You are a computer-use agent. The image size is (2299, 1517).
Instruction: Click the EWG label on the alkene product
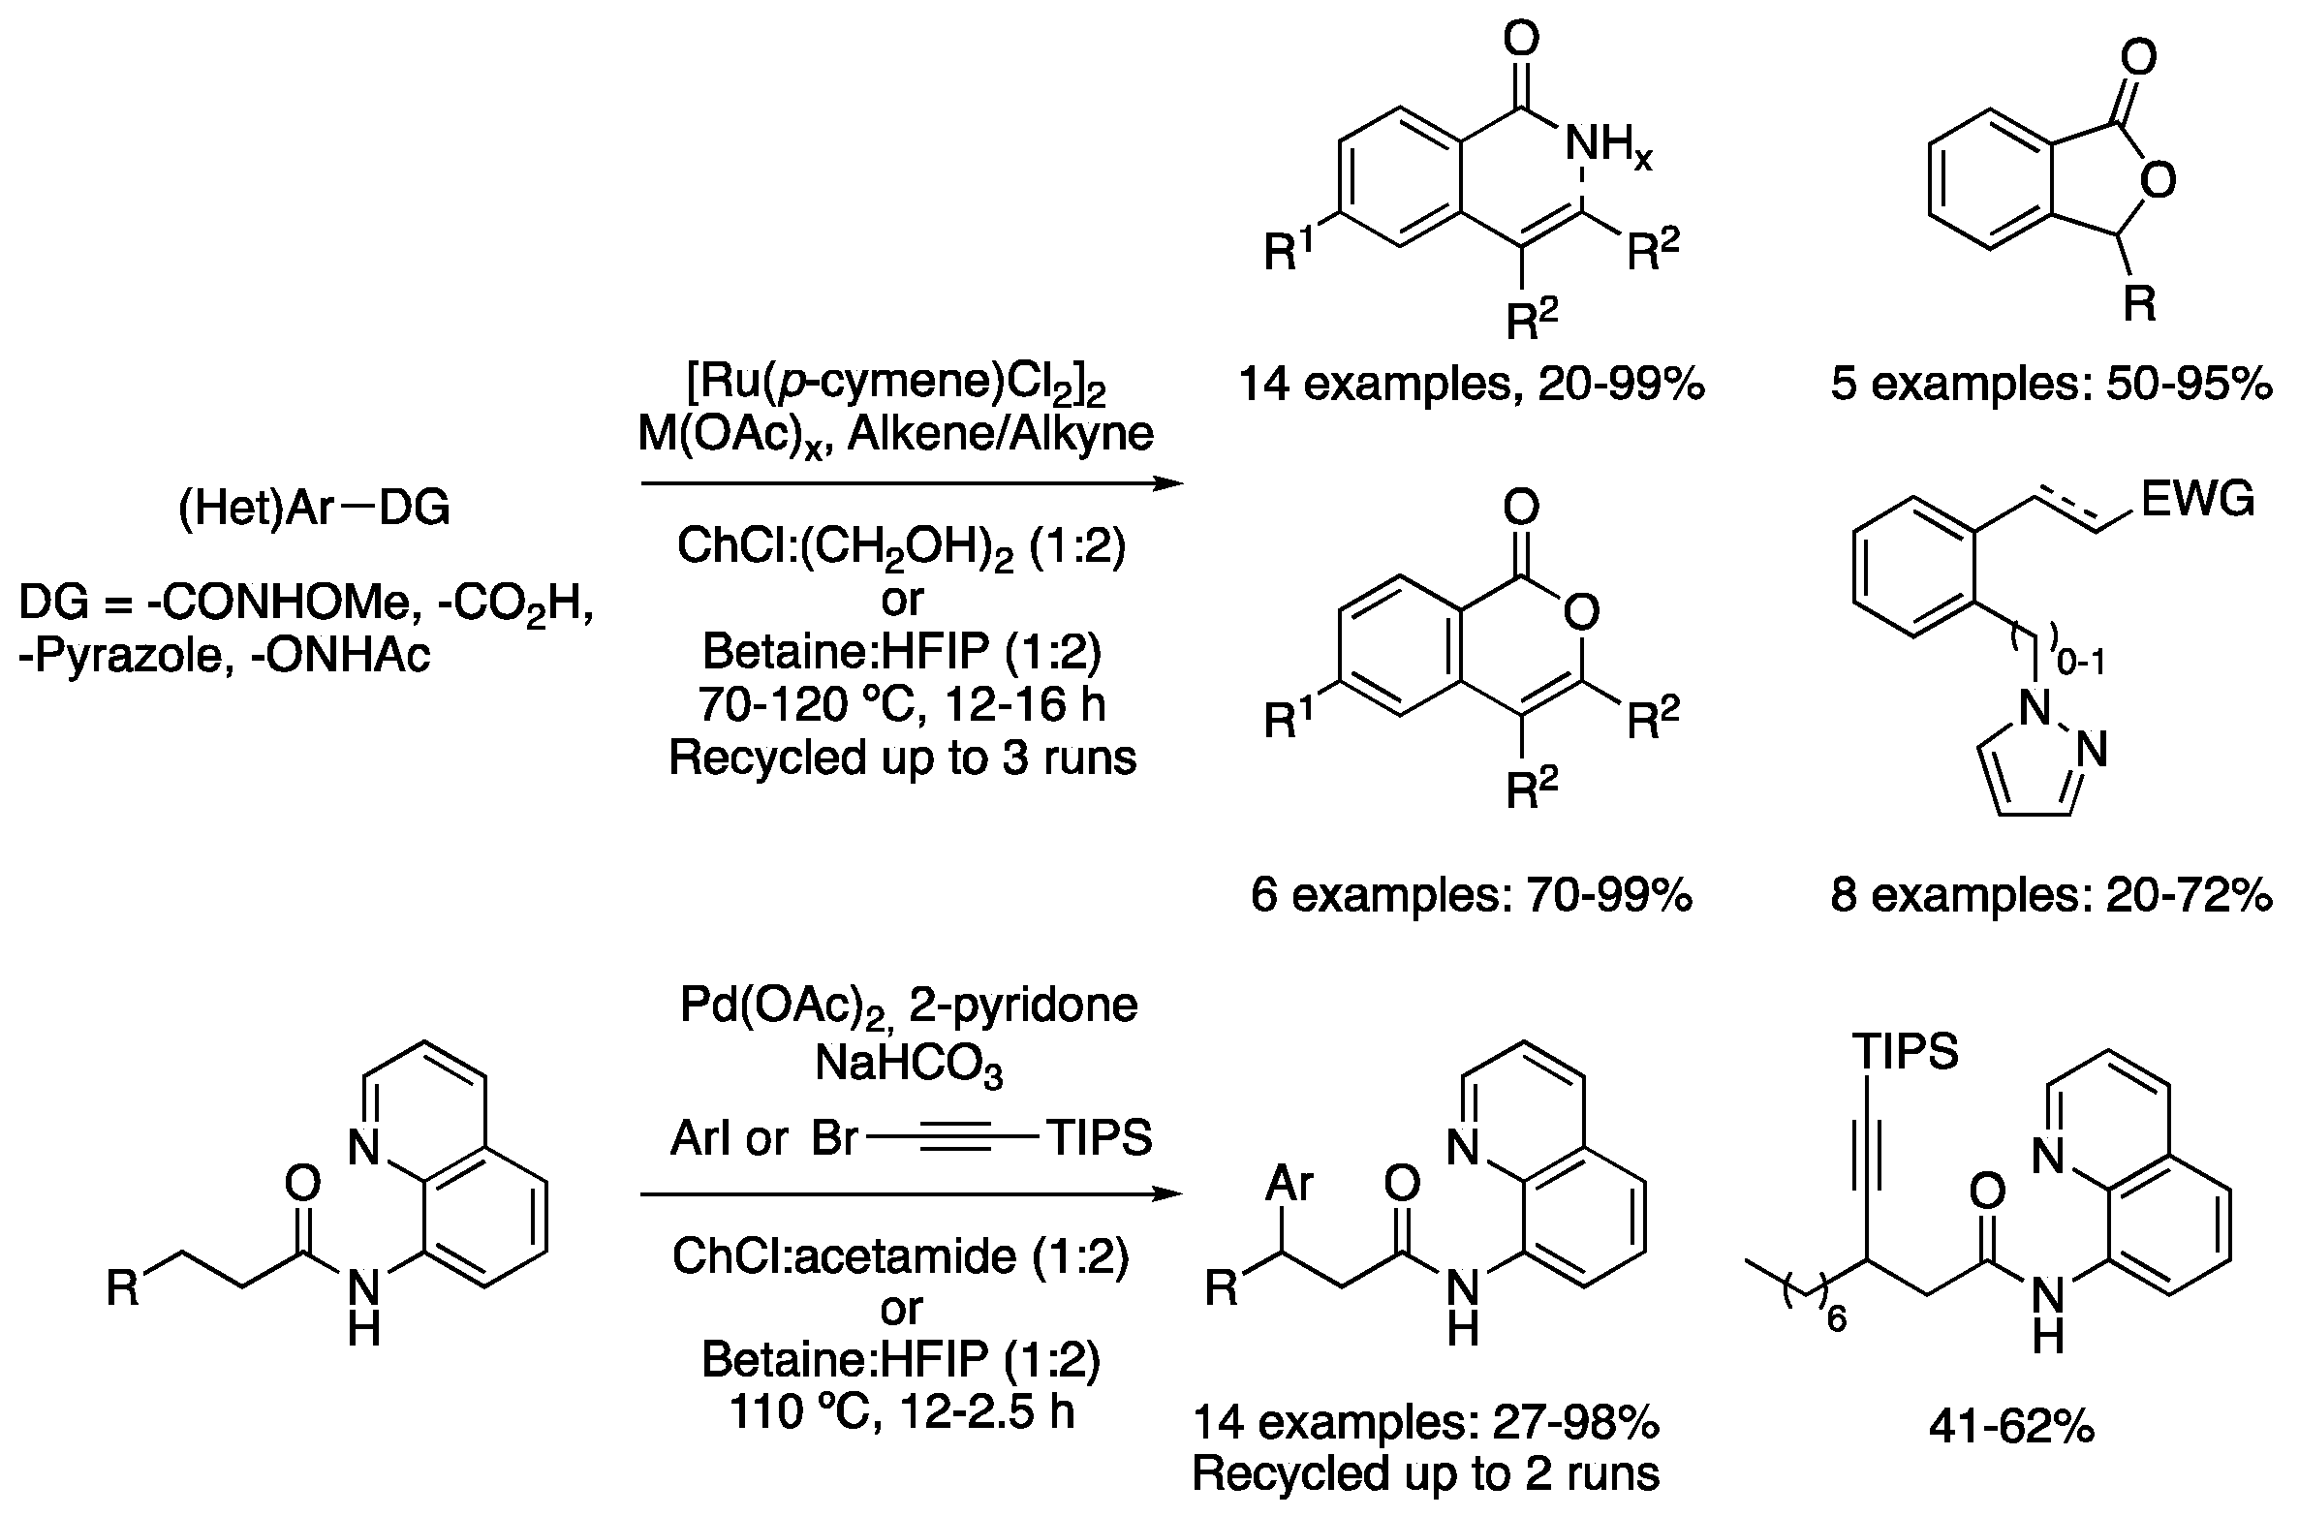tap(2197, 501)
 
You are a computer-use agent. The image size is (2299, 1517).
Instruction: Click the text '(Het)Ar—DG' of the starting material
tap(314, 509)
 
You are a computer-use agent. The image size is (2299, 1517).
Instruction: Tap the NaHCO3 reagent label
tap(908, 1066)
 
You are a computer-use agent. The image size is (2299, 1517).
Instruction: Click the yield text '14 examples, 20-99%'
tap(1471, 385)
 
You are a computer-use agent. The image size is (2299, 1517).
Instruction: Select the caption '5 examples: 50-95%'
tap(2050, 385)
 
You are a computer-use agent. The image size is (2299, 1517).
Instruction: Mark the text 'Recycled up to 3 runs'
tap(902, 757)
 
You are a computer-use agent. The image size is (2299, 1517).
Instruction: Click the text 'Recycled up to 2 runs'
tap(1425, 1473)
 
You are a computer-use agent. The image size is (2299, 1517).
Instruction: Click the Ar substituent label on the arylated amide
tap(1290, 1184)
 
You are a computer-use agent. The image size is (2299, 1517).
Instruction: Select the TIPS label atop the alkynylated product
tap(1905, 1051)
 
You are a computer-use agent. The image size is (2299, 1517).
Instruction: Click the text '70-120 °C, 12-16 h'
tap(902, 704)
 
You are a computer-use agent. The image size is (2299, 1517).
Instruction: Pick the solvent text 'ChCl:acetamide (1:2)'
tap(901, 1257)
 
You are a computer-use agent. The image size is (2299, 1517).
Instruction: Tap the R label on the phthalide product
tap(2139, 304)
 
